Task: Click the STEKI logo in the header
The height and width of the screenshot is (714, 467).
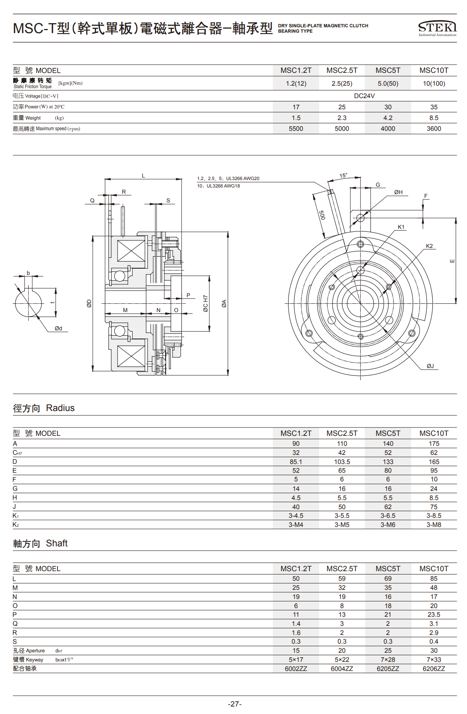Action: click(437, 28)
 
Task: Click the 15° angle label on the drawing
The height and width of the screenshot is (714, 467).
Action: click(343, 175)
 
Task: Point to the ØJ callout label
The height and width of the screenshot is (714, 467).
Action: click(430, 366)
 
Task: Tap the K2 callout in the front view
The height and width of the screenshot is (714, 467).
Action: click(429, 246)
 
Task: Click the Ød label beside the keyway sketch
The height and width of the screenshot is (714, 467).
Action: click(58, 328)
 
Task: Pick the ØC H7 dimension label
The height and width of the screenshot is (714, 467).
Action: click(205, 303)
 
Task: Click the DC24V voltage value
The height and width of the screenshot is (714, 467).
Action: click(364, 96)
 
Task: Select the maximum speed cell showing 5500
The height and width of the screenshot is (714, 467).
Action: click(296, 129)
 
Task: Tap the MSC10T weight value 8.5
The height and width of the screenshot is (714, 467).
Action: click(433, 118)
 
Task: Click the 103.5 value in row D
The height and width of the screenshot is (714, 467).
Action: click(342, 462)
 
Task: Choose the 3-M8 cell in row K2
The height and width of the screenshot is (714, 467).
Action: click(433, 525)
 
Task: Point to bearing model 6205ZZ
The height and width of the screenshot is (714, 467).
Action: click(388, 668)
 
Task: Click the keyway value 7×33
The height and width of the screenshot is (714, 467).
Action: click(433, 659)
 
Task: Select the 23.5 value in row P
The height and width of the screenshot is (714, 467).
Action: click(433, 615)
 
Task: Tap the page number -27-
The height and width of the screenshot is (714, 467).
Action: click(234, 704)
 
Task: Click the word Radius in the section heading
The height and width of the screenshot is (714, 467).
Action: click(60, 408)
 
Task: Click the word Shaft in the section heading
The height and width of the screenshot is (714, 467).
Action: click(57, 543)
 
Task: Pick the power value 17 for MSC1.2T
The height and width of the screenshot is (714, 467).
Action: click(296, 107)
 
